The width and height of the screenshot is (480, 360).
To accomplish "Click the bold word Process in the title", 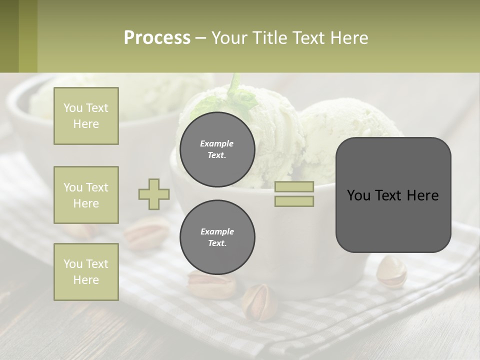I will click(157, 37).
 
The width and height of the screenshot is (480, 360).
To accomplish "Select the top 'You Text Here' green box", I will click(86, 116).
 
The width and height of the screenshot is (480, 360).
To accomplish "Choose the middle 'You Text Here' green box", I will click(86, 195).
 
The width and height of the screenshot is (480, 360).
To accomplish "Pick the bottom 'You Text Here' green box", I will click(86, 272).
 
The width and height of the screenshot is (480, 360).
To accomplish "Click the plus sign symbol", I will click(154, 194).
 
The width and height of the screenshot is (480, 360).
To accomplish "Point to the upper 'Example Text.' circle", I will click(217, 149).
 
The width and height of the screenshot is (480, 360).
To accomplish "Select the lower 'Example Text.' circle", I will click(217, 237).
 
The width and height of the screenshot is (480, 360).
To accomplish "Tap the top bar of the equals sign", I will click(294, 186).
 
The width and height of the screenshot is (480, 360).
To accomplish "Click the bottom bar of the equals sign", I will click(294, 201).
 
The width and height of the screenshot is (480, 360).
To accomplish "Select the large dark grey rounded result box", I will click(393, 195).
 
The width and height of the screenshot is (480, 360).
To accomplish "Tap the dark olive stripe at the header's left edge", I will click(9, 36).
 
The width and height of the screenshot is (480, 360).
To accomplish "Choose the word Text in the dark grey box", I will click(393, 195).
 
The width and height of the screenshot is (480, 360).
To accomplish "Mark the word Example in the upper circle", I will click(216, 143).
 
